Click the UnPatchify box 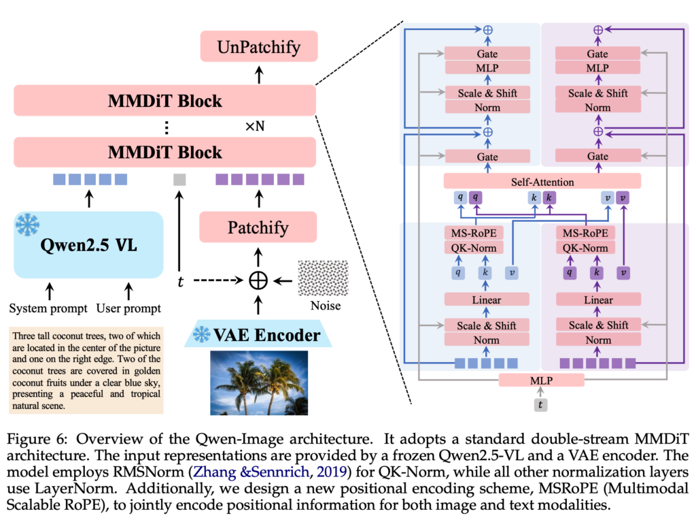pyautogui.click(x=258, y=48)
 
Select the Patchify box pyautogui.click(x=258, y=227)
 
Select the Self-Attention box pyautogui.click(x=542, y=182)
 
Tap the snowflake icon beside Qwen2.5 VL pyautogui.click(x=29, y=225)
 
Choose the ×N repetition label pyautogui.click(x=255, y=127)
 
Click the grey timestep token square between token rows pyautogui.click(x=179, y=180)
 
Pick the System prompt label pyautogui.click(x=48, y=308)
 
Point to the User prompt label pyautogui.click(x=129, y=308)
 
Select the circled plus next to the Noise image pyautogui.click(x=258, y=280)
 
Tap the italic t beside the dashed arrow pyautogui.click(x=179, y=280)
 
